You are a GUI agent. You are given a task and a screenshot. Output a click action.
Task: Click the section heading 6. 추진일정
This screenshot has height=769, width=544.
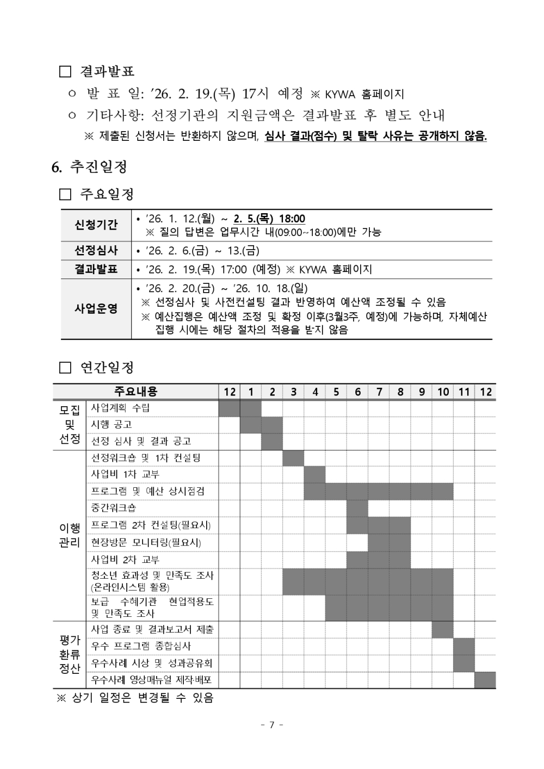pyautogui.click(x=90, y=166)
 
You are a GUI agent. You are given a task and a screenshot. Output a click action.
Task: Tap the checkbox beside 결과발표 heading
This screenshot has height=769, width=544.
pyautogui.click(x=65, y=72)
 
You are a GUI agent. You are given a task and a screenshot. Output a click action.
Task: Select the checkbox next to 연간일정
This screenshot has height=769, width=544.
pyautogui.click(x=65, y=368)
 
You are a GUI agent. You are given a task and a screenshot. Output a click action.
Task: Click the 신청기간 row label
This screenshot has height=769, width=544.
pyautogui.click(x=96, y=225)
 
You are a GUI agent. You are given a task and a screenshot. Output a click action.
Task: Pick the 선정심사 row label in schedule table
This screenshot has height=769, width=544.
pyautogui.click(x=96, y=251)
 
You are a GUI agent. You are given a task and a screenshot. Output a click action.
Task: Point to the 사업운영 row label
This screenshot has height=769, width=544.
pyautogui.click(x=96, y=309)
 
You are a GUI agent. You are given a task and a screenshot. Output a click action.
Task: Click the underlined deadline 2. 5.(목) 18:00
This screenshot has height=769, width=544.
pyautogui.click(x=269, y=219)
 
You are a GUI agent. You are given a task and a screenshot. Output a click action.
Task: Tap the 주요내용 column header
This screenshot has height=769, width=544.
pyautogui.click(x=136, y=392)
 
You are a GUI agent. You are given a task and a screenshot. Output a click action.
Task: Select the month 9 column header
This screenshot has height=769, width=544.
pyautogui.click(x=422, y=392)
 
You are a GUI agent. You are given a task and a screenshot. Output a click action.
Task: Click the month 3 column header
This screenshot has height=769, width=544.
pyautogui.click(x=293, y=392)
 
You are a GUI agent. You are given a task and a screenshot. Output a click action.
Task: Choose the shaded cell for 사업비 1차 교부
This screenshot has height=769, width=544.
pyautogui.click(x=314, y=475)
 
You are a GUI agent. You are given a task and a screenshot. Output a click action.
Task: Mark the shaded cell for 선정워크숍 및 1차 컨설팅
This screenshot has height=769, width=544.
pyautogui.click(x=293, y=458)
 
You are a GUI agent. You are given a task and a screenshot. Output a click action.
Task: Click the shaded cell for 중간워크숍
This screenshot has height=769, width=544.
pyautogui.click(x=357, y=508)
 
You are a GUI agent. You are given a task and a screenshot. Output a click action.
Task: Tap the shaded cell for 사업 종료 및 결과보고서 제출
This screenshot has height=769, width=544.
pyautogui.click(x=443, y=630)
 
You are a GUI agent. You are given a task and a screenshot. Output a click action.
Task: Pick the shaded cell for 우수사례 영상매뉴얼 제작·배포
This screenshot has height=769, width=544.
pyautogui.click(x=485, y=680)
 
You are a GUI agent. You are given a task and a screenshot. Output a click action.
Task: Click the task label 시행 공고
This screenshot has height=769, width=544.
pyautogui.click(x=112, y=424)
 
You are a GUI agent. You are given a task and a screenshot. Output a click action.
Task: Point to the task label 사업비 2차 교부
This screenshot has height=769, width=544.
pyautogui.click(x=125, y=560)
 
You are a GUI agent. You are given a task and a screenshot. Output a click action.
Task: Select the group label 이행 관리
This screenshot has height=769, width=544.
pyautogui.click(x=70, y=535)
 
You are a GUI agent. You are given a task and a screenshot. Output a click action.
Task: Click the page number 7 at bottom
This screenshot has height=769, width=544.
pyautogui.click(x=272, y=724)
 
